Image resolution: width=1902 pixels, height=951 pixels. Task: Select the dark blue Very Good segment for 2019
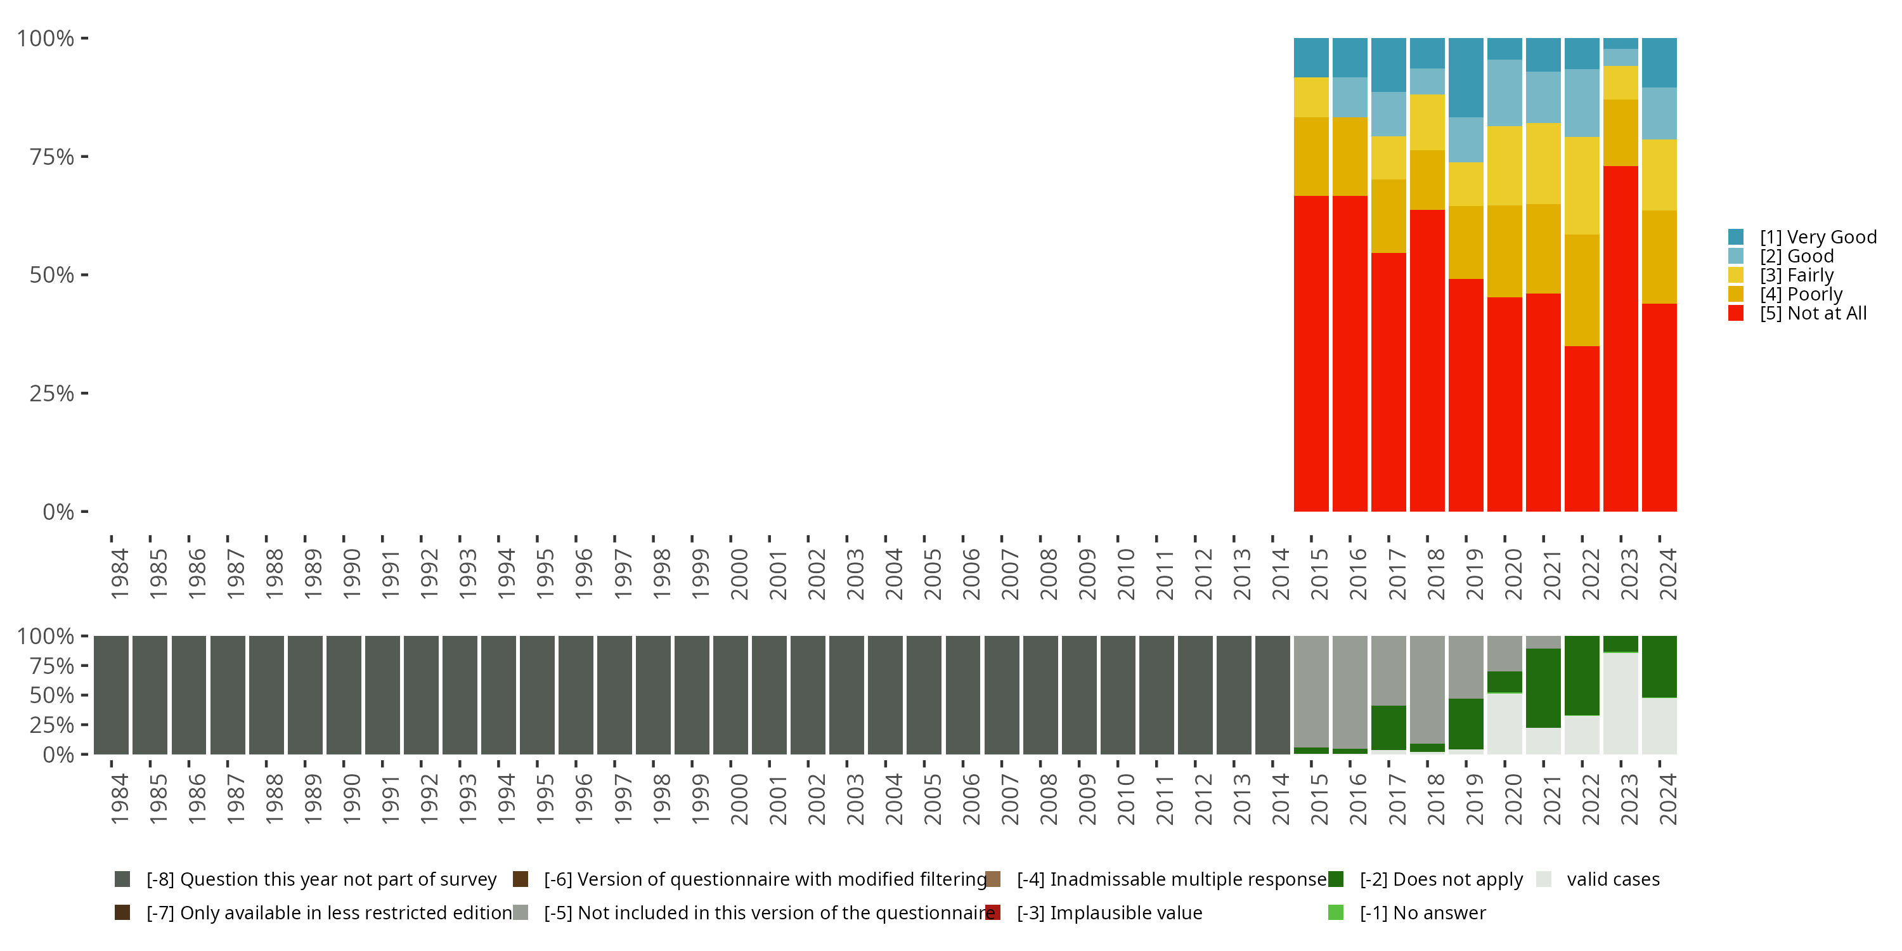[x=1466, y=77]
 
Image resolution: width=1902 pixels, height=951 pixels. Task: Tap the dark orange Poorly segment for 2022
[x=1582, y=290]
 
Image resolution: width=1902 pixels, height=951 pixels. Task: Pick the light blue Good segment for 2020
[x=1504, y=93]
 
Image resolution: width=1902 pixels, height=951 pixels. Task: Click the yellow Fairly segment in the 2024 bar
[x=1659, y=175]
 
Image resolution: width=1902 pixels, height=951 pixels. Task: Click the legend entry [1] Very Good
[x=1817, y=237]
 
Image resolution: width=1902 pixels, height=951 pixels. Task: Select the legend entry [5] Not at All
[x=1813, y=313]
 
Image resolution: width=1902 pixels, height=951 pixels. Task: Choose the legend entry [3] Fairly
[x=1795, y=275]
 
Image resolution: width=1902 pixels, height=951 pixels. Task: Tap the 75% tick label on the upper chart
[x=52, y=157]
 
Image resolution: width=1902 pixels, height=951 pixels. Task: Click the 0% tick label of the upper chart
[x=58, y=512]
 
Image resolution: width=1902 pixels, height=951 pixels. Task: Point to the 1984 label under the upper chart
[x=120, y=574]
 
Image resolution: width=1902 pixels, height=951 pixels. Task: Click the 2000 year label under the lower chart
[x=739, y=799]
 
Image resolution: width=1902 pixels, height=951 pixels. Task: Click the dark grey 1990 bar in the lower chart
[x=344, y=695]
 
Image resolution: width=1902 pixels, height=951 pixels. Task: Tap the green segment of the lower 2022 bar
[x=1582, y=676]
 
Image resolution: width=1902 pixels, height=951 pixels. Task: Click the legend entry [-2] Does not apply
[x=1440, y=879]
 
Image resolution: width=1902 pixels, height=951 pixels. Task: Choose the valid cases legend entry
[x=1612, y=879]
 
